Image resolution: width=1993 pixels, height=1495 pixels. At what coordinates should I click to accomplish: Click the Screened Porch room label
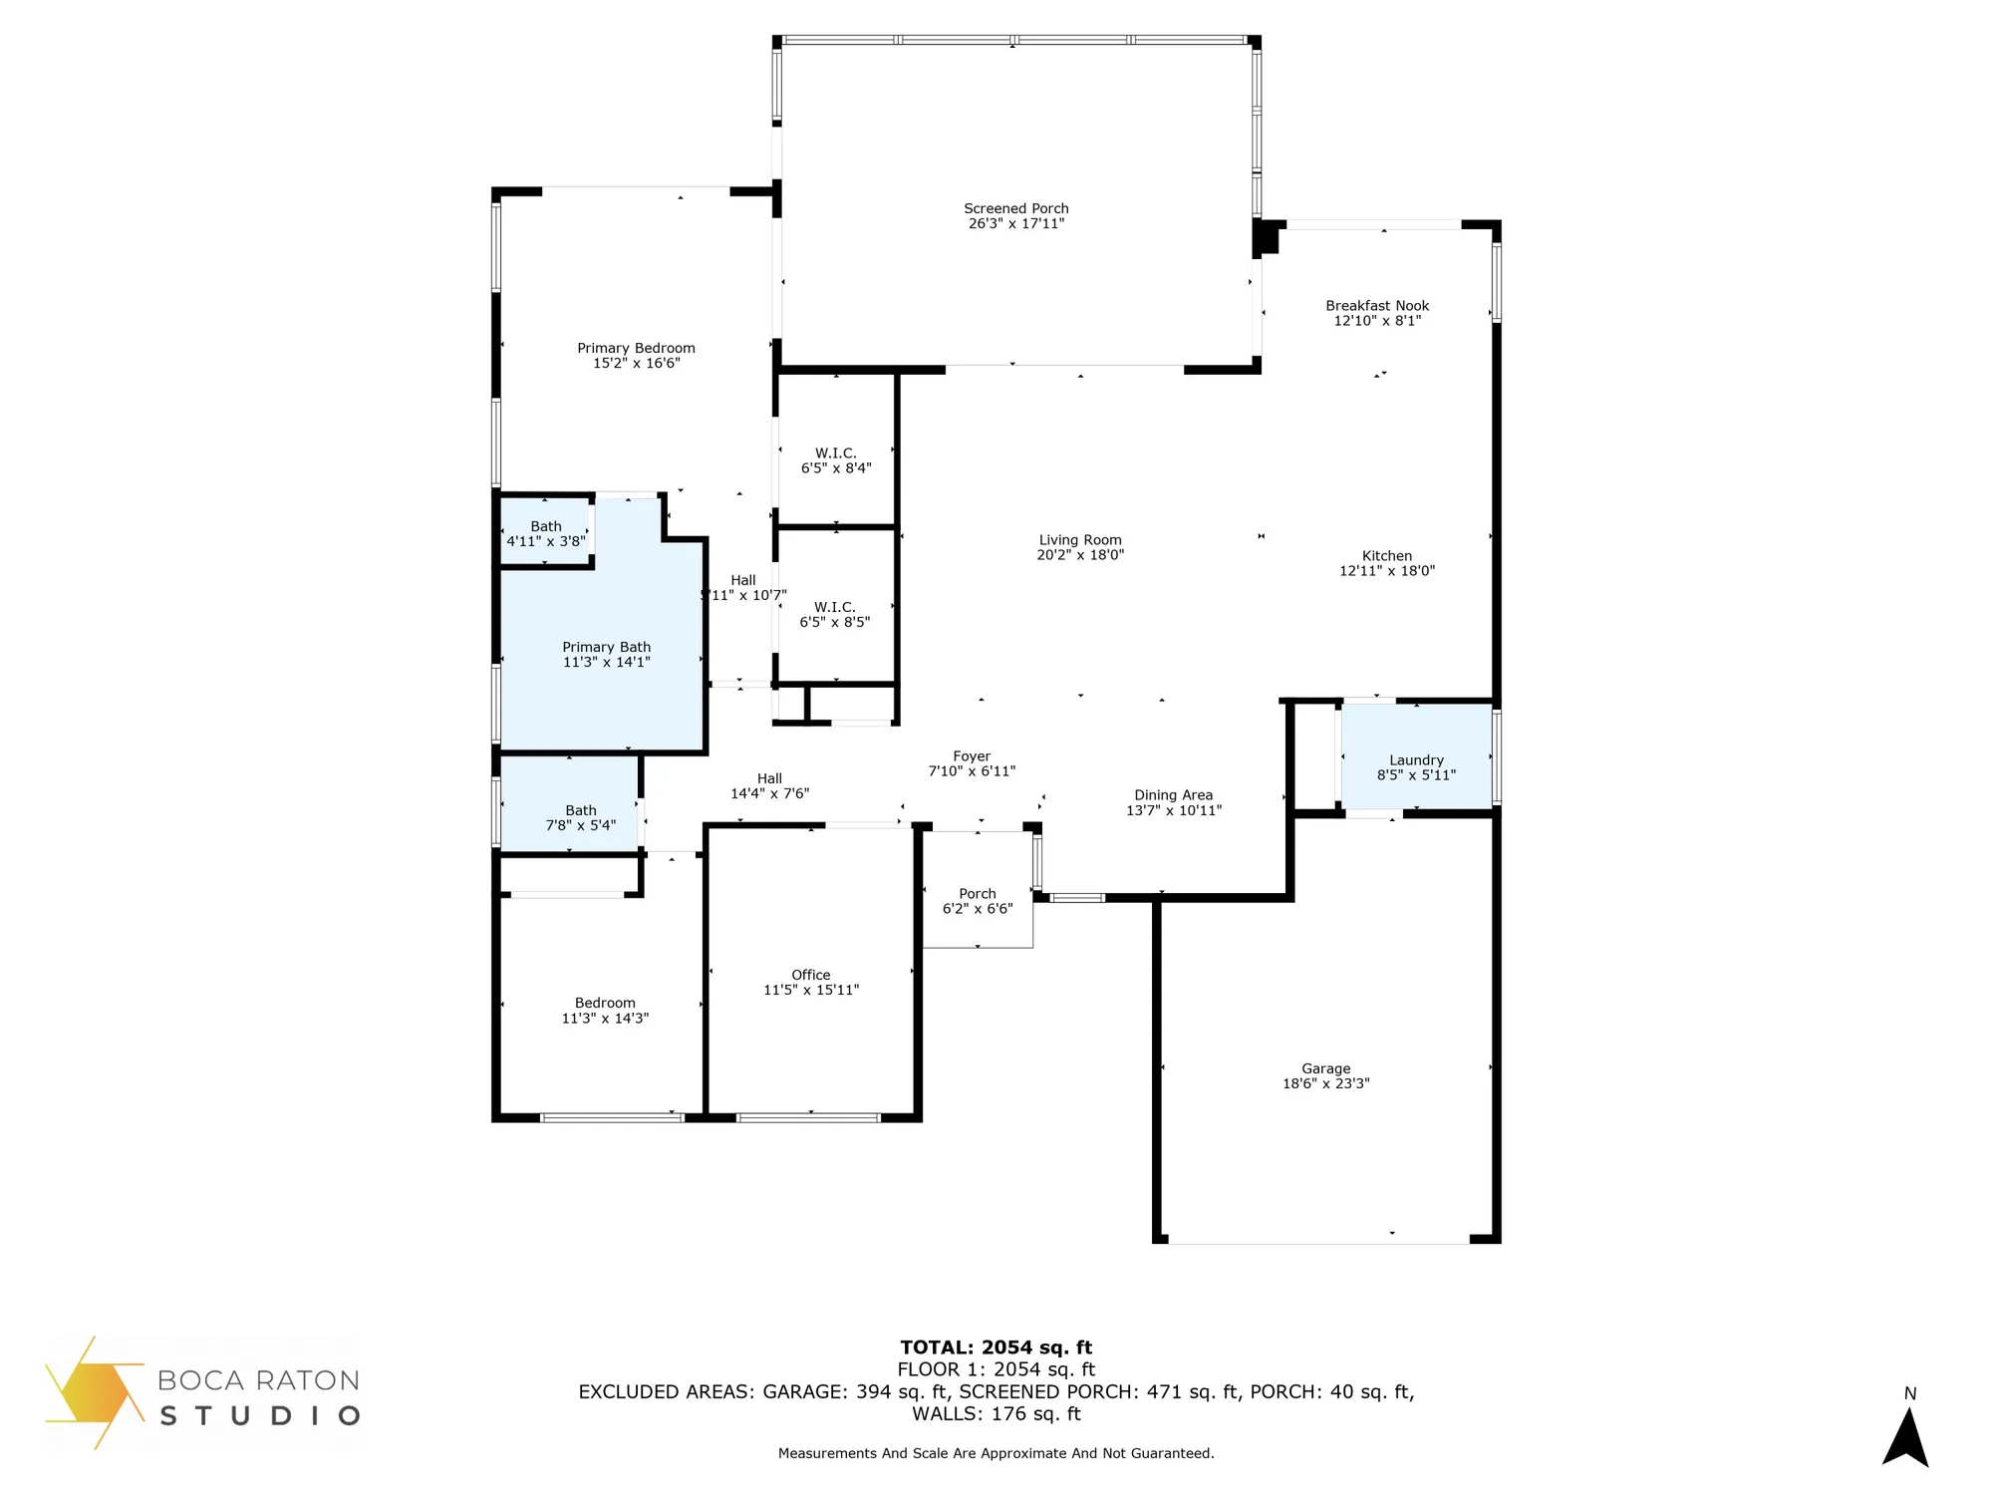(x=1015, y=208)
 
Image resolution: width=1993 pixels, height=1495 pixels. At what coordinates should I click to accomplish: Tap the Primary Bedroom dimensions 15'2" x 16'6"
(x=636, y=364)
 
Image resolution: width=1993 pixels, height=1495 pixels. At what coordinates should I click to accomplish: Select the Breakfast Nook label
(x=1376, y=306)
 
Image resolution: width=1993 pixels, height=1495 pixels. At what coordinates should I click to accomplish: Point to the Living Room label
(x=1079, y=540)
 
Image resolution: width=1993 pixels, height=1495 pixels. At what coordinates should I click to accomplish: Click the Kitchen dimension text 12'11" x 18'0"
(x=1386, y=571)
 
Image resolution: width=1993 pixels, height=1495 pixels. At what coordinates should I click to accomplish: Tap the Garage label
(x=1325, y=1068)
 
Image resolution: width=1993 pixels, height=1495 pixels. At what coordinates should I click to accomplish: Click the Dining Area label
(x=1173, y=795)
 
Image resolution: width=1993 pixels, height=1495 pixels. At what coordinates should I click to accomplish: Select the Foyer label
(x=972, y=756)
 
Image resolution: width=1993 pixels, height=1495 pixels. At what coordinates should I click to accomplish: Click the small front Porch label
(x=977, y=894)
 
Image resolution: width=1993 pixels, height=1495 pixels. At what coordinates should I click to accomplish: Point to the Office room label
(x=810, y=975)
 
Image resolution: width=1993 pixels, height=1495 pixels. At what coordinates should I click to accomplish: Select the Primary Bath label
(x=606, y=647)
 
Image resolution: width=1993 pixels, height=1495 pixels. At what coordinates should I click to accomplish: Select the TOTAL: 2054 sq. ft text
(x=996, y=1347)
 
